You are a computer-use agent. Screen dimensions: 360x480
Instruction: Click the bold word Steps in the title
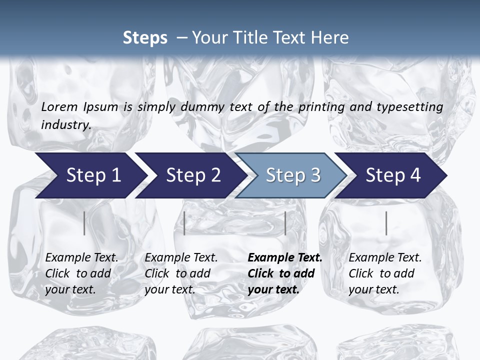tap(145, 37)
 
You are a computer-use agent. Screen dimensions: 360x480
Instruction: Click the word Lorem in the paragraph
tap(59, 106)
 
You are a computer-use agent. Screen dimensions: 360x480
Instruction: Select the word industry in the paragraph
tap(65, 124)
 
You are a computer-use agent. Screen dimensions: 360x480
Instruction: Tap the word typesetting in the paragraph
tap(415, 106)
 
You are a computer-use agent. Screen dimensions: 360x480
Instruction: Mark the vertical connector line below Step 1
tap(84, 223)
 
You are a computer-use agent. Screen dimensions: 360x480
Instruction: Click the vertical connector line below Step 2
tap(184, 223)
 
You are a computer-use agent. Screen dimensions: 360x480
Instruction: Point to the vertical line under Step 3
tap(285, 223)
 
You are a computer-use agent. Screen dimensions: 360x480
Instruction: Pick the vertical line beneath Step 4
tap(386, 223)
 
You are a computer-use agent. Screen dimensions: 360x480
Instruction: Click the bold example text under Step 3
tap(284, 273)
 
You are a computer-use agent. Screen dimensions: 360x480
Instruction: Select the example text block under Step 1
tap(81, 273)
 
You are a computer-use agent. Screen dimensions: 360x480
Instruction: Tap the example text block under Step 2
tap(181, 273)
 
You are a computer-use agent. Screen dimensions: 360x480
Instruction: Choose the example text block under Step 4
tap(385, 273)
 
